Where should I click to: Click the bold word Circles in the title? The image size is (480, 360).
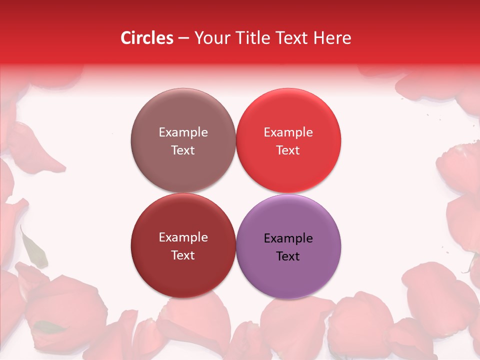[147, 38]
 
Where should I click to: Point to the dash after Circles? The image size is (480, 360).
[183, 38]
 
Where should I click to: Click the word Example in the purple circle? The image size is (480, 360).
[288, 238]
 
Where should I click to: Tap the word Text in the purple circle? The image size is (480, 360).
[288, 256]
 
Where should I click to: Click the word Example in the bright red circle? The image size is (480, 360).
[288, 132]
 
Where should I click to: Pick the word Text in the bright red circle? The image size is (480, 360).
[288, 150]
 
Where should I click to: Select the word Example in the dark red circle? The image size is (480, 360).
[183, 237]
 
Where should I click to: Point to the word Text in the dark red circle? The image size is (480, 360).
[183, 255]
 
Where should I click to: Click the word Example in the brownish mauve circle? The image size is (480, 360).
[183, 132]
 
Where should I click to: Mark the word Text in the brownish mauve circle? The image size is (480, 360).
[183, 150]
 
